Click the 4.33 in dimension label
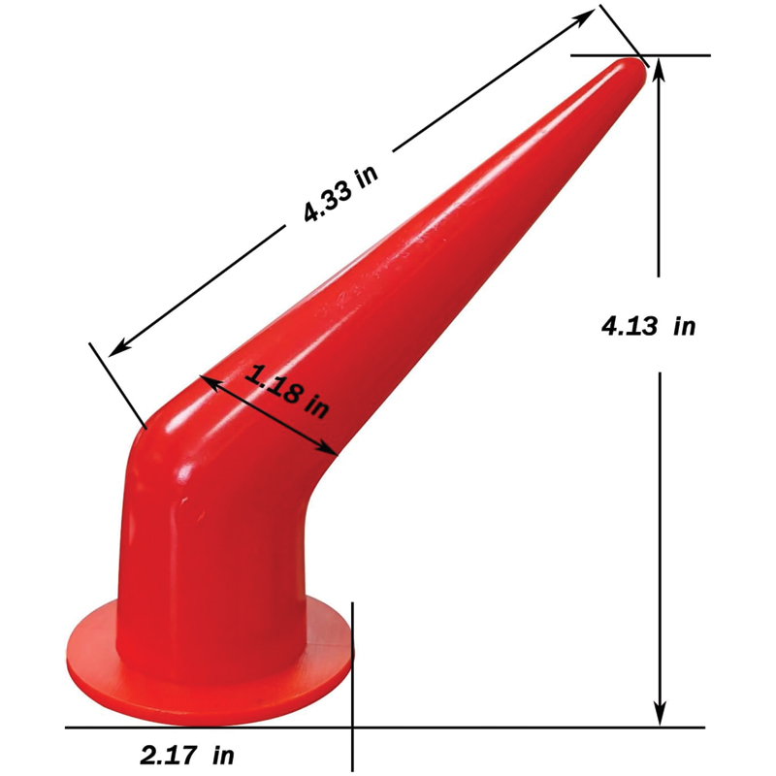click(339, 195)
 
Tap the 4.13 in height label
click(649, 326)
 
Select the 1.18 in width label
click(285, 388)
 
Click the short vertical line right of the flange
click(352, 679)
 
